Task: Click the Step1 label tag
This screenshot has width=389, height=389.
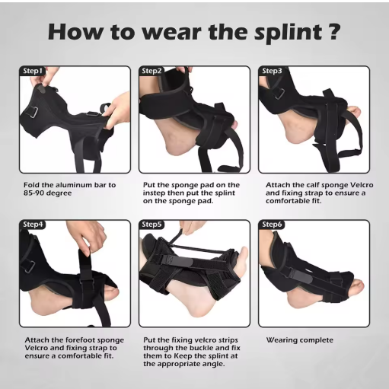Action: click(33, 71)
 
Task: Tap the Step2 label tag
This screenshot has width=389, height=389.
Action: click(152, 71)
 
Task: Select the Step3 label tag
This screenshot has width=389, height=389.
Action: click(272, 71)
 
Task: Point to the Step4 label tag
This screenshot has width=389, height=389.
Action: click(33, 225)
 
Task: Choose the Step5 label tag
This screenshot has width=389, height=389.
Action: click(152, 225)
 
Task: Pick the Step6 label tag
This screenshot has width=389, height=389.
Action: click(272, 225)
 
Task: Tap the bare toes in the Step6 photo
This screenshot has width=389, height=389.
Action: click(352, 289)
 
